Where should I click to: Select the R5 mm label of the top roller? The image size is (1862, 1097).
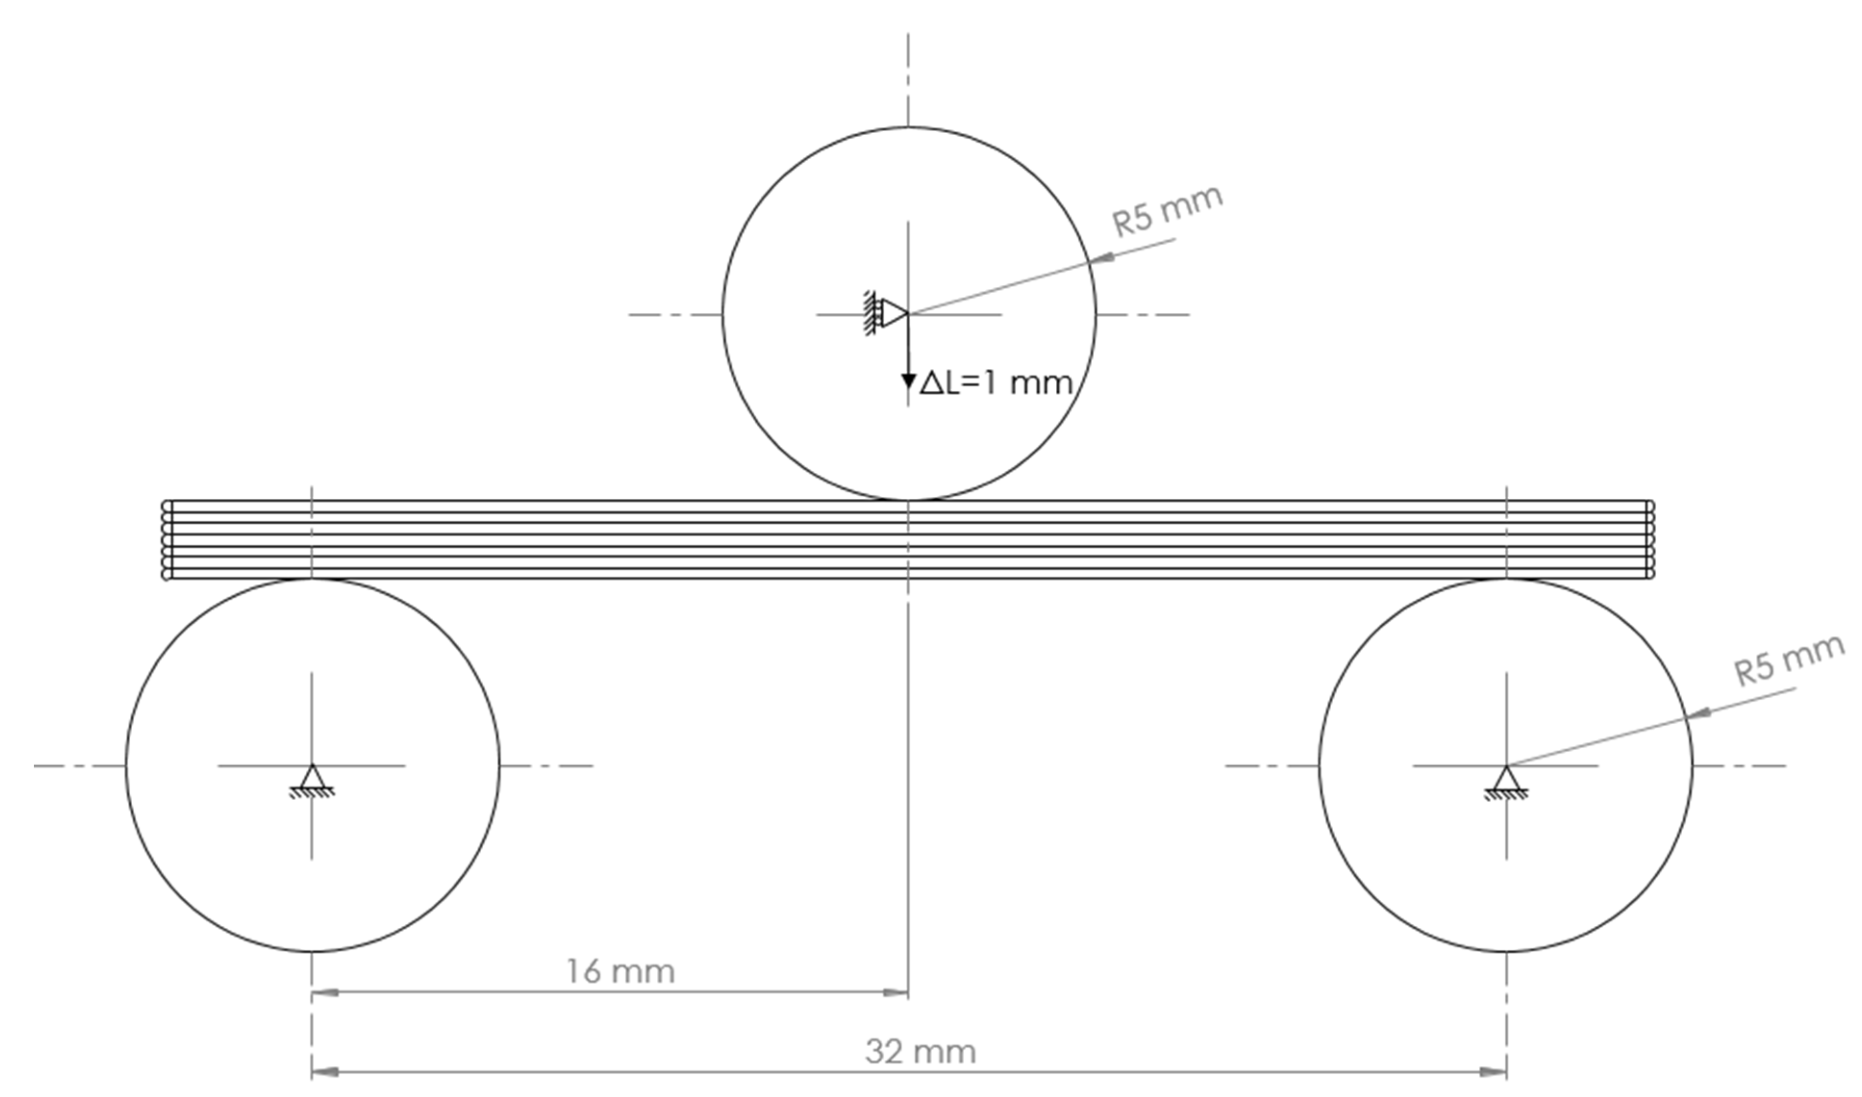pyautogui.click(x=1167, y=212)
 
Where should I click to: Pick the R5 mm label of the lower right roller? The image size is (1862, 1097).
pyautogui.click(x=1788, y=661)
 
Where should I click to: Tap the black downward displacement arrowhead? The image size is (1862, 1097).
pyautogui.click(x=909, y=381)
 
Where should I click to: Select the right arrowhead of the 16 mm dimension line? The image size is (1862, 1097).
pyautogui.click(x=896, y=992)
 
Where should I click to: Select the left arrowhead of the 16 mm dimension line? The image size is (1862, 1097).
pyautogui.click(x=325, y=992)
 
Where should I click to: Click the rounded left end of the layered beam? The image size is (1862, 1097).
pyautogui.click(x=166, y=540)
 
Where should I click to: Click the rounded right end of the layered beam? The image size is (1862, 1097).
pyautogui.click(x=1650, y=540)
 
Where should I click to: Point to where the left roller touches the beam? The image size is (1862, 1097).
pyautogui.click(x=312, y=579)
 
